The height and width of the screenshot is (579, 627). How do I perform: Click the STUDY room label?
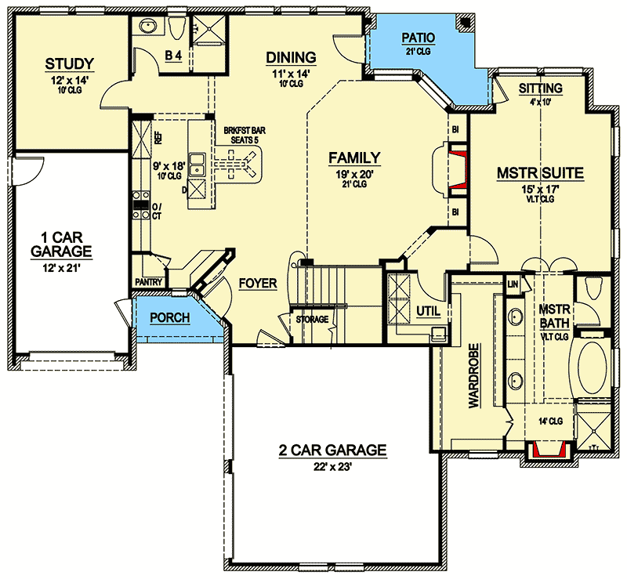coord(70,64)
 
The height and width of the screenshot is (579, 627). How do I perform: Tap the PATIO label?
coord(419,38)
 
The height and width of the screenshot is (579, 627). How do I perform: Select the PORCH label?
coord(170,318)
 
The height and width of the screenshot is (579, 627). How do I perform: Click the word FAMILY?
coord(355,158)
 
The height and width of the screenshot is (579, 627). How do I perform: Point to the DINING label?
coord(291,57)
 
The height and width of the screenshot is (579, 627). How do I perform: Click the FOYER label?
coord(258,284)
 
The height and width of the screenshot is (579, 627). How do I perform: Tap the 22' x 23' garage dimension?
coord(332,467)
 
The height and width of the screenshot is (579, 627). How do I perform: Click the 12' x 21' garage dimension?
coord(62,268)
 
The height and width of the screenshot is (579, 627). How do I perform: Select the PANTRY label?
coord(149,282)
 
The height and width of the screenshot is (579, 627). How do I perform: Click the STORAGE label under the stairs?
coord(312,320)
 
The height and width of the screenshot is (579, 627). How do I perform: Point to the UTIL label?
coord(428,311)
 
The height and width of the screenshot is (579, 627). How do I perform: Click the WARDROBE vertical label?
coord(474,375)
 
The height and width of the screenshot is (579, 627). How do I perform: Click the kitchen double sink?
coord(197,165)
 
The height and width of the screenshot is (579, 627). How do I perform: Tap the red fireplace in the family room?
coord(458,169)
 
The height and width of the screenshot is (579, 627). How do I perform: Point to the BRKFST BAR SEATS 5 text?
coord(245,136)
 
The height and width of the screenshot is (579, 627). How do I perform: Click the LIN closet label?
coord(513,284)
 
